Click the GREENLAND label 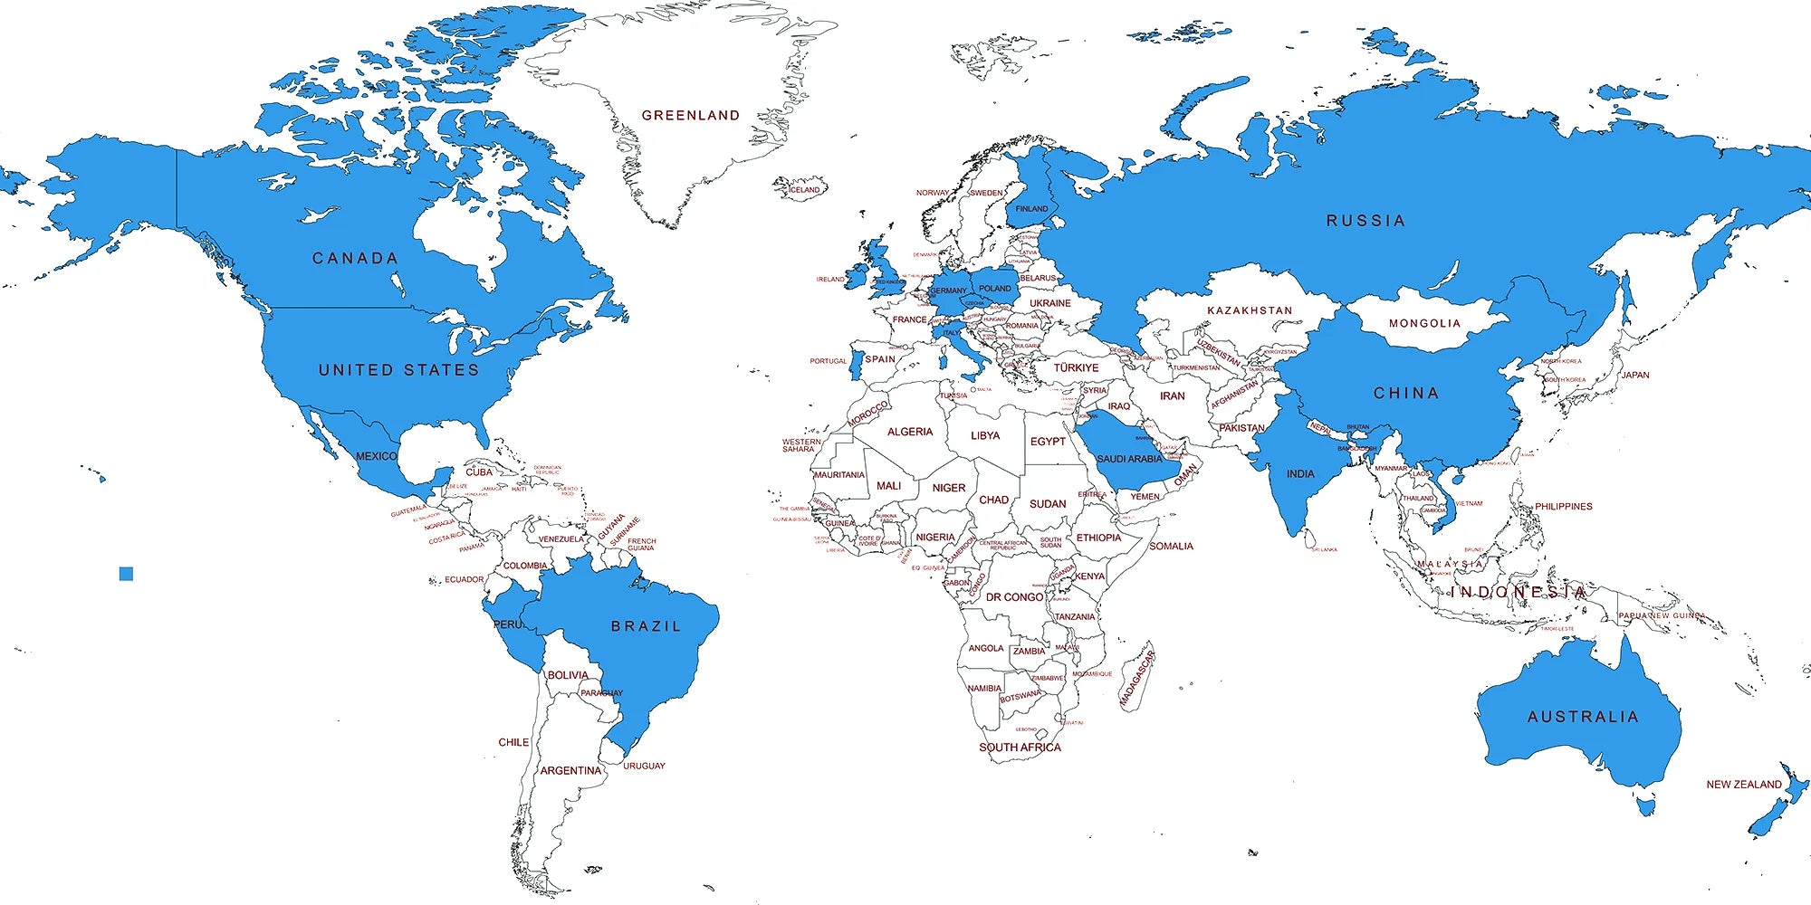pos(691,116)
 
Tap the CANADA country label pos(355,259)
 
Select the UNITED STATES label pos(398,370)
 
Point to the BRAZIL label pos(646,626)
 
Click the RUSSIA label pos(1365,221)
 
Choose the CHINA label pos(1406,394)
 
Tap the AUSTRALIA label pos(1583,717)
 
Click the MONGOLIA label pos(1424,323)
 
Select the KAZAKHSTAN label pos(1250,310)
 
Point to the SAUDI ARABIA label pos(1129,459)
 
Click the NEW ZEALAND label pos(1744,785)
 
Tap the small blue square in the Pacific pos(126,574)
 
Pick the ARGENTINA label pos(570,771)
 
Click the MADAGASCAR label pos(1137,678)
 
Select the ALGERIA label pos(910,433)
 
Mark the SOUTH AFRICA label pos(1020,748)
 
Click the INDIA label pos(1300,474)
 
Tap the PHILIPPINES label pos(1563,507)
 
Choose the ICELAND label pos(804,190)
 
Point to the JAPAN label pos(1634,376)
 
